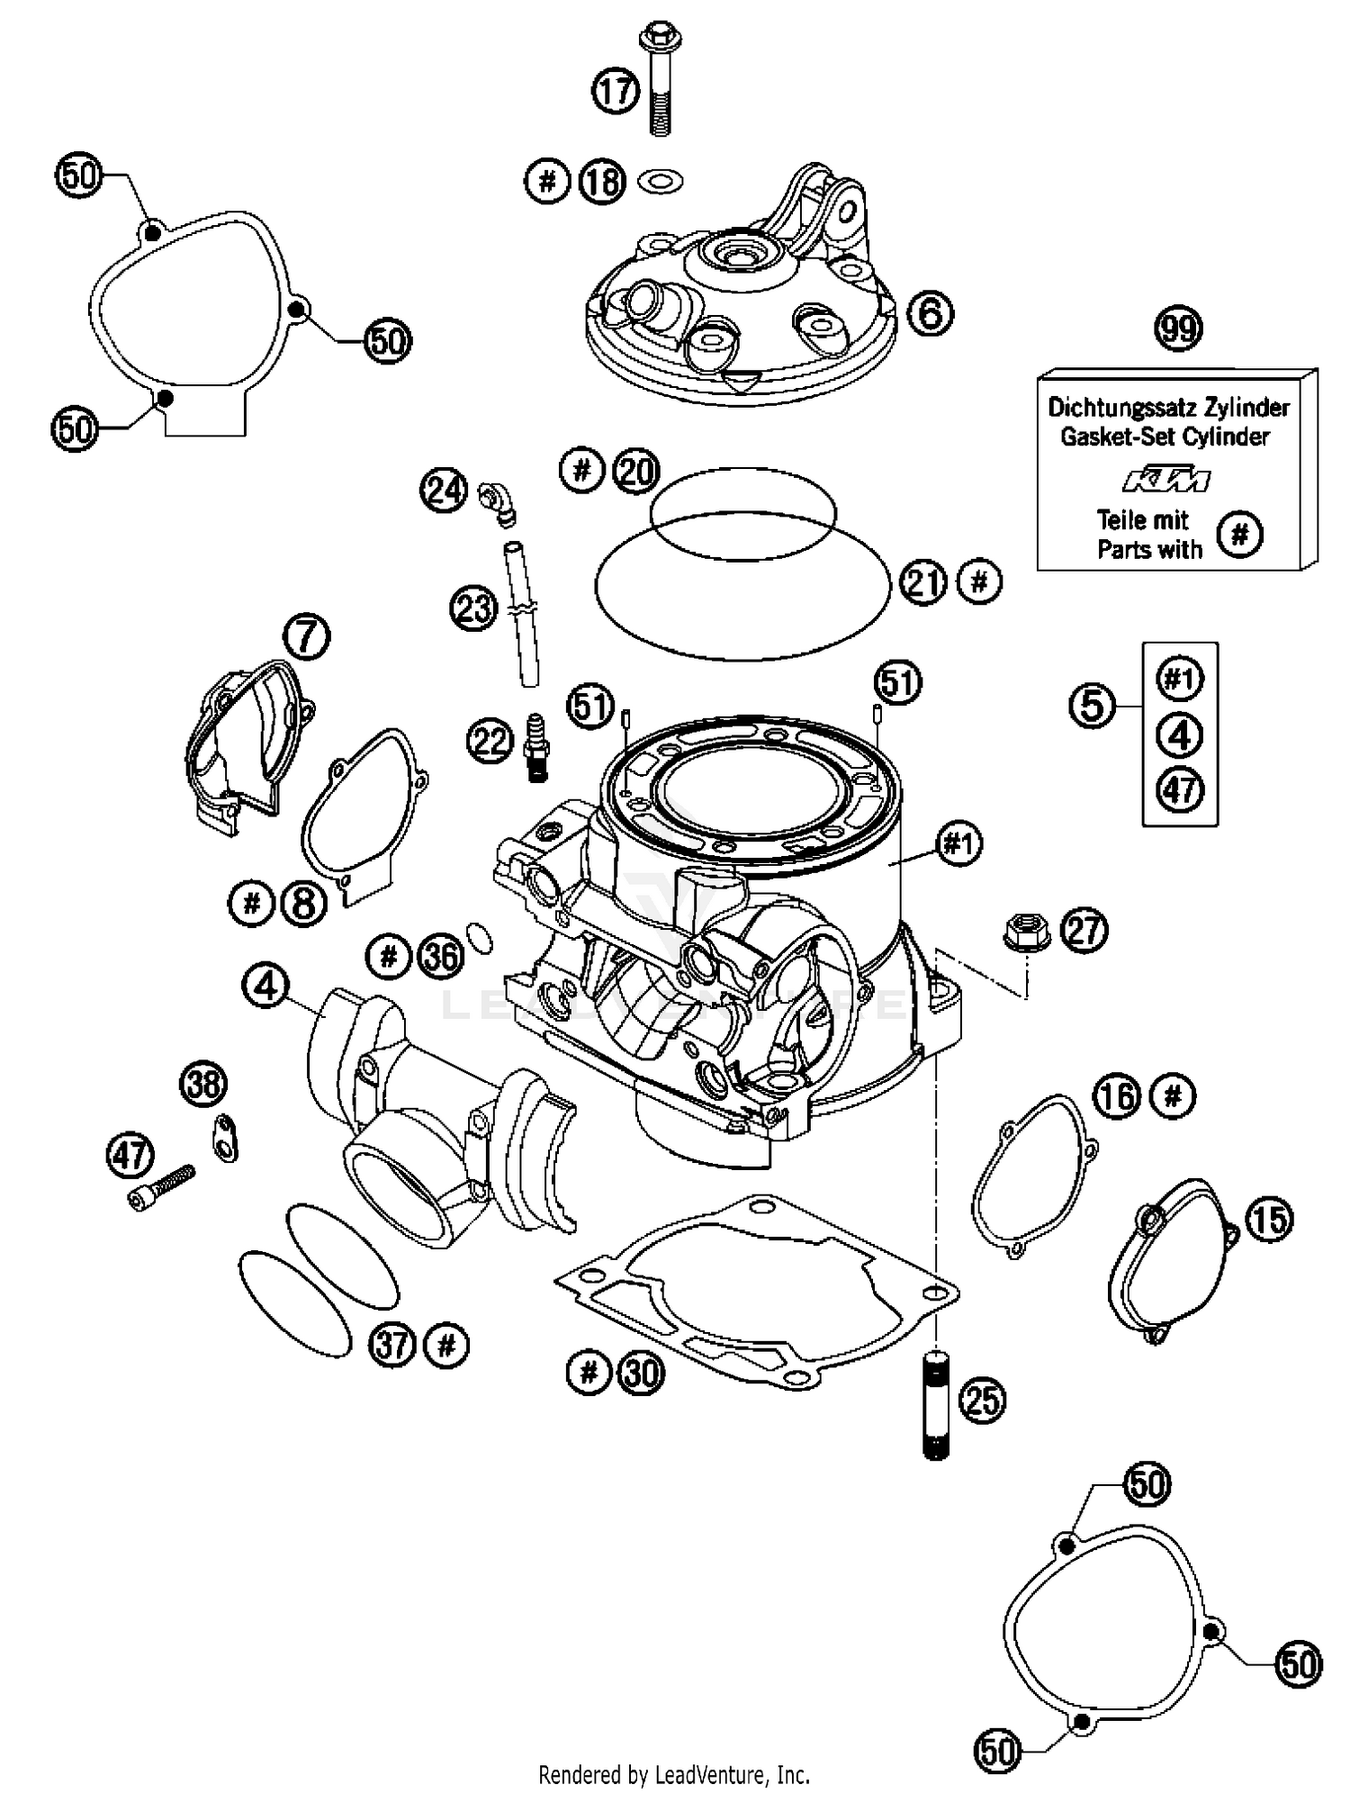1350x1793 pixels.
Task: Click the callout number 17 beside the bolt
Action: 616,91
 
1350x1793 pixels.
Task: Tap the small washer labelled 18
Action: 660,181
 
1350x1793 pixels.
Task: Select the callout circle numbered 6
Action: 930,313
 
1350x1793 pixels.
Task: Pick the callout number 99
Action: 1178,329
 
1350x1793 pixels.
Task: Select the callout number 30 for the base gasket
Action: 640,1374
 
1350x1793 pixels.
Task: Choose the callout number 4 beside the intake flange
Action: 265,987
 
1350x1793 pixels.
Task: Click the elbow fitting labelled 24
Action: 497,500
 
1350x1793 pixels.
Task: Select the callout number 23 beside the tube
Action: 473,608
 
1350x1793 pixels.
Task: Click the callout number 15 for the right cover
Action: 1269,1220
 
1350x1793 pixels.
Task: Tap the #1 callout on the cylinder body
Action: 958,844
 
